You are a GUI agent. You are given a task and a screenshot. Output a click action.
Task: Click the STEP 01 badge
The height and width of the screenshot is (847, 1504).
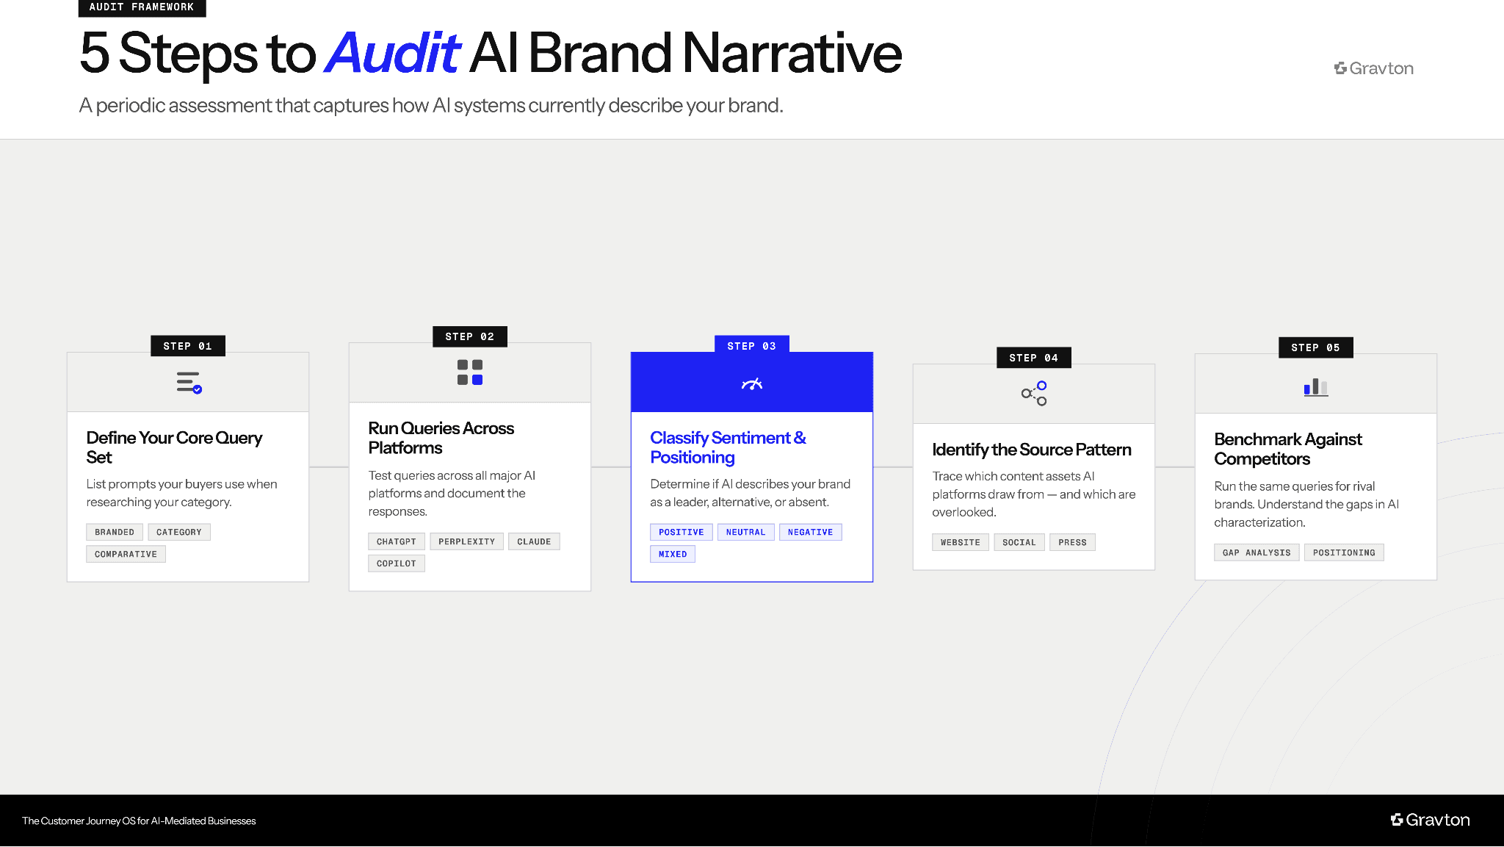click(187, 346)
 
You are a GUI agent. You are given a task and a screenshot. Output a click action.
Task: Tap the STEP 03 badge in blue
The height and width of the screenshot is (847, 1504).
click(751, 346)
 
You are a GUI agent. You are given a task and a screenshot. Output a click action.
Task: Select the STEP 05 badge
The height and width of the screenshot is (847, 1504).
click(1315, 347)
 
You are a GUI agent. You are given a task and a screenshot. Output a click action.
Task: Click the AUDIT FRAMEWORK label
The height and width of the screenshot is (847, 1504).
click(142, 7)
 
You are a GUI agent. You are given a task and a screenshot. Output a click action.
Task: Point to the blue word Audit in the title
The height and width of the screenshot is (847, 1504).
click(392, 53)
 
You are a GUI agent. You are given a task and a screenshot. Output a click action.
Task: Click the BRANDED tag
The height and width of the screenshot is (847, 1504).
click(115, 532)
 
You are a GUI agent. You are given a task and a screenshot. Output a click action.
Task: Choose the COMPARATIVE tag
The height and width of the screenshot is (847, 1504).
click(126, 554)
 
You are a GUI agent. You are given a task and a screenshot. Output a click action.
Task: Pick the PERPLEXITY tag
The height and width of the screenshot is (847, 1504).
click(466, 541)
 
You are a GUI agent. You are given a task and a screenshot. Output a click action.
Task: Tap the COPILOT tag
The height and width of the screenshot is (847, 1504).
click(396, 563)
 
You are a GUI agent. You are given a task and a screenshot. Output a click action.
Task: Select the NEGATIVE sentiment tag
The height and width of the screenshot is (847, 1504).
click(810, 532)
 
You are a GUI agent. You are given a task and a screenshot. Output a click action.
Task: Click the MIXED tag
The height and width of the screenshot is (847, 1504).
click(672, 554)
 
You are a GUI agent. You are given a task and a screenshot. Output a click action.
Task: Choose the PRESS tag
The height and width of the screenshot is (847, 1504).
click(1072, 542)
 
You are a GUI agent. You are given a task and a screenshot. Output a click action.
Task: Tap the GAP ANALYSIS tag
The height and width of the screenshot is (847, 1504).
click(1256, 552)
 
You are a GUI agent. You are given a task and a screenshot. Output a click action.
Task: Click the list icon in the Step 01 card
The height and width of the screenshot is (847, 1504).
click(189, 383)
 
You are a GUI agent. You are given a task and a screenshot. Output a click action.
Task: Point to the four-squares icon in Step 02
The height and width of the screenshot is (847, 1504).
click(470, 372)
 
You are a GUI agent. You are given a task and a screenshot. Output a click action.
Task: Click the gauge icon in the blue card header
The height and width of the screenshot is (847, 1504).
click(752, 383)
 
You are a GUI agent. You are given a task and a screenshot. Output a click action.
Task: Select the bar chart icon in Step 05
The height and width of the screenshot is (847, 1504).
click(1315, 387)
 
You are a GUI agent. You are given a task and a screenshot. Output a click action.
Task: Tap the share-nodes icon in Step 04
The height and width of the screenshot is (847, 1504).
click(1034, 394)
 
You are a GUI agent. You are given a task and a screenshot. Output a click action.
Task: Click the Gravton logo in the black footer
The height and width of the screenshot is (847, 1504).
click(1430, 820)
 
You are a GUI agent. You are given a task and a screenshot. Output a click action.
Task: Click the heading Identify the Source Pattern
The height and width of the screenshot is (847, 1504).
click(1031, 450)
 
